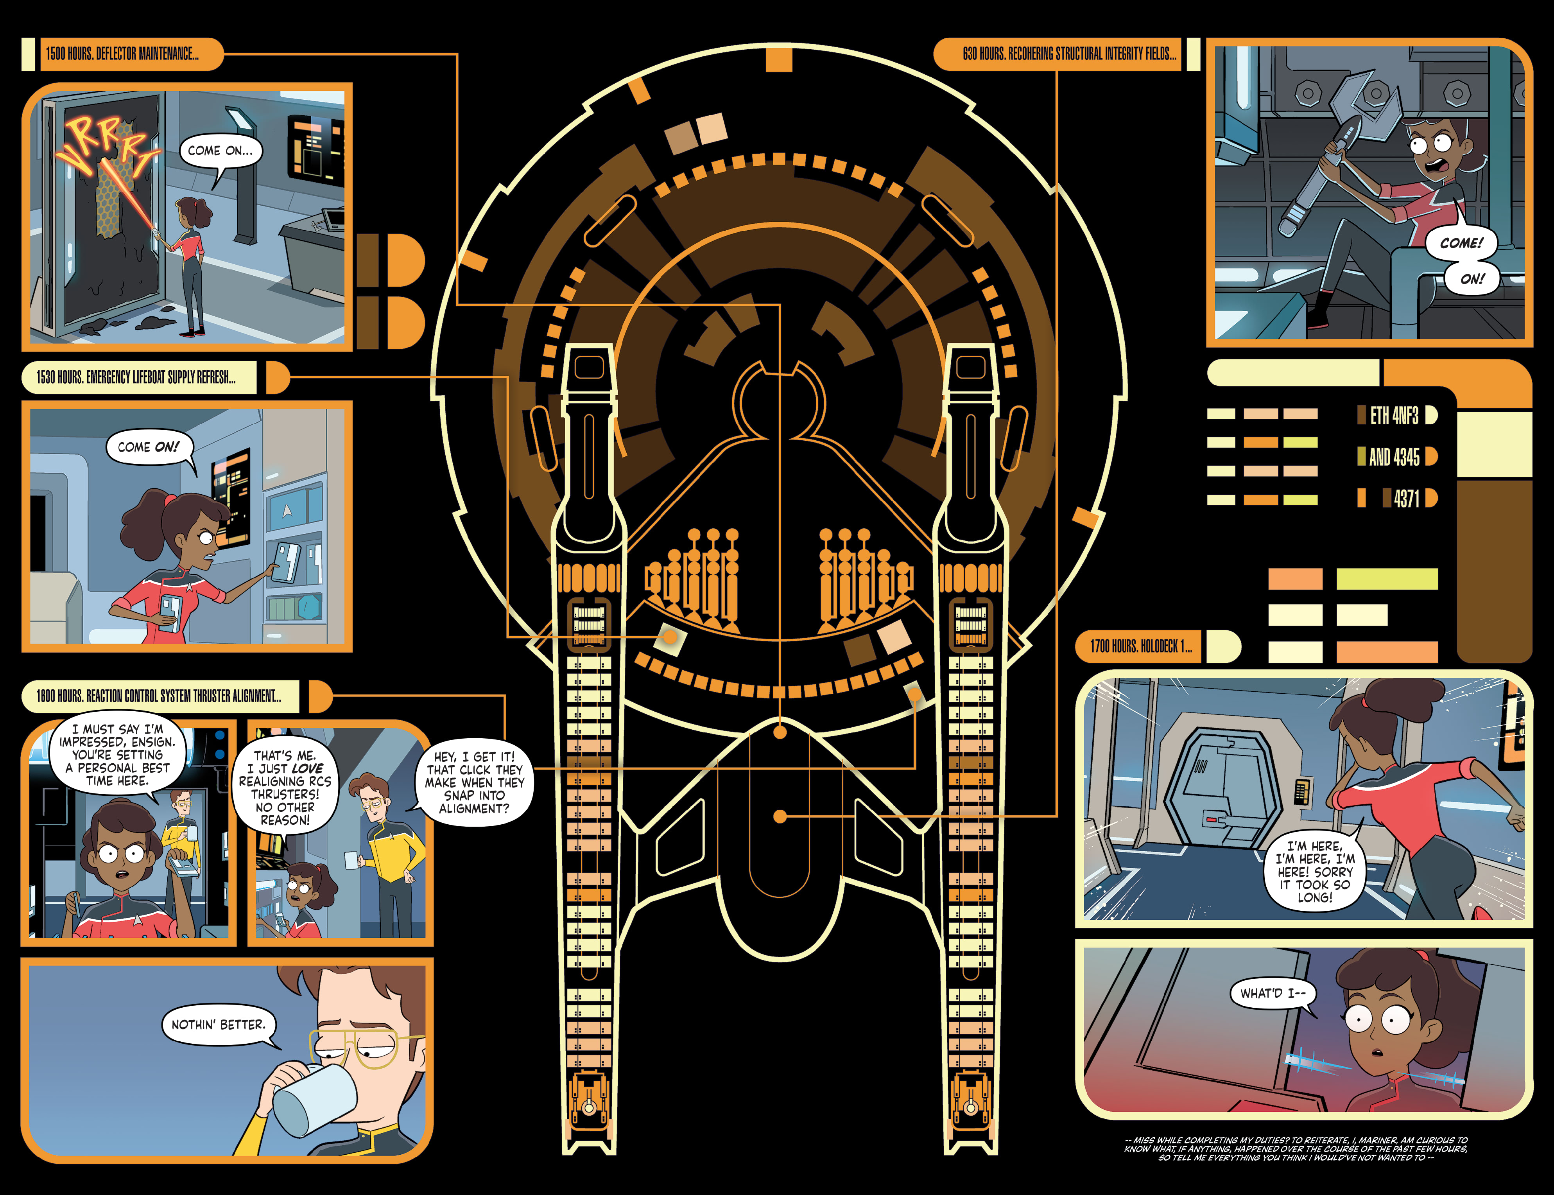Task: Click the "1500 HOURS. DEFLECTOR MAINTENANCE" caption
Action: point(122,54)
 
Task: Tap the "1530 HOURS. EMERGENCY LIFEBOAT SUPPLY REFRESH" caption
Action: point(136,377)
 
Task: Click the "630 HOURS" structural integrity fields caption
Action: point(1069,54)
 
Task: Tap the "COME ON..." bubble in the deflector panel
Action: point(220,151)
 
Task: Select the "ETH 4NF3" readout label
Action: point(1394,415)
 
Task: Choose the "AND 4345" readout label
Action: point(1394,457)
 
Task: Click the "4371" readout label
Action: point(1406,499)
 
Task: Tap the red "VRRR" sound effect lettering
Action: point(107,146)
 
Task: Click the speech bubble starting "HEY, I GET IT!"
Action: point(474,782)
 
